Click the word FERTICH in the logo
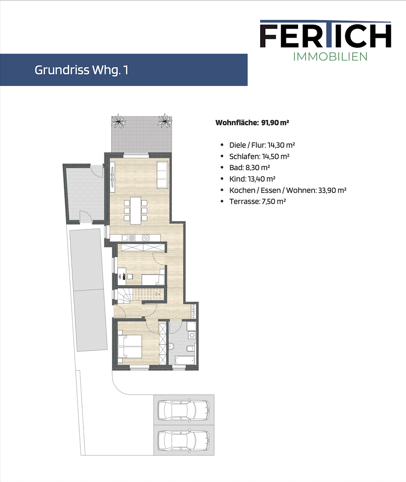[x=325, y=36]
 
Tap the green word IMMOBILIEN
[x=330, y=57]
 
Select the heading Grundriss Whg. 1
[x=81, y=70]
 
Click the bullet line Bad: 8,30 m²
[x=249, y=167]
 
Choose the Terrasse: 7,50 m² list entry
[x=257, y=201]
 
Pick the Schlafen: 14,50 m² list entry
[x=259, y=156]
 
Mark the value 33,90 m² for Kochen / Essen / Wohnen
[x=332, y=190]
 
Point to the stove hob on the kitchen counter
[x=145, y=238]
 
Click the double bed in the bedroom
[x=130, y=346]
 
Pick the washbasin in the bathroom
[x=172, y=346]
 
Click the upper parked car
[x=183, y=408]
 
